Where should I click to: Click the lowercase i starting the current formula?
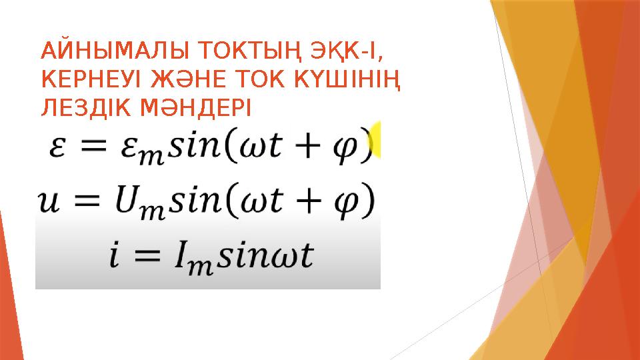point(116,256)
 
